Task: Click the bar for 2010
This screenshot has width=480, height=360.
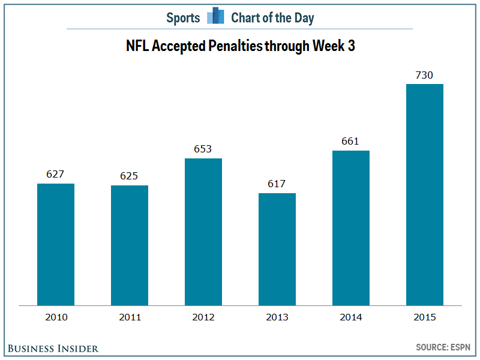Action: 56,244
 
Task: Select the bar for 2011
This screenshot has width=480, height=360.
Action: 130,245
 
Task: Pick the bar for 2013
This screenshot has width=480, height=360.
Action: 277,249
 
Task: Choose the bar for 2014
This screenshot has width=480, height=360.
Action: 351,228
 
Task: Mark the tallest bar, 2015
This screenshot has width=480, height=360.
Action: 425,194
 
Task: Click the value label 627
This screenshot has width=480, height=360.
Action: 56,174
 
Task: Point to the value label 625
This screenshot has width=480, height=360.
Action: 130,176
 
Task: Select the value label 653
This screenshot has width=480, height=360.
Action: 203,149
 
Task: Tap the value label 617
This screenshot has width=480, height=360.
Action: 277,184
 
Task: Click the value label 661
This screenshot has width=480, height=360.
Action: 351,141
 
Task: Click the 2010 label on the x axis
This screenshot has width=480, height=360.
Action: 56,317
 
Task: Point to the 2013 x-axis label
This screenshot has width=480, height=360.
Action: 277,317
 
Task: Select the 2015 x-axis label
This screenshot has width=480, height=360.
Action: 425,317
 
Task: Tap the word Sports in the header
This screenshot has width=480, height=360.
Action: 183,18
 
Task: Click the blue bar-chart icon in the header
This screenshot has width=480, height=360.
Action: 215,16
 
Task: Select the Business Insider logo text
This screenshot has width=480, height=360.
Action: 53,348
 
